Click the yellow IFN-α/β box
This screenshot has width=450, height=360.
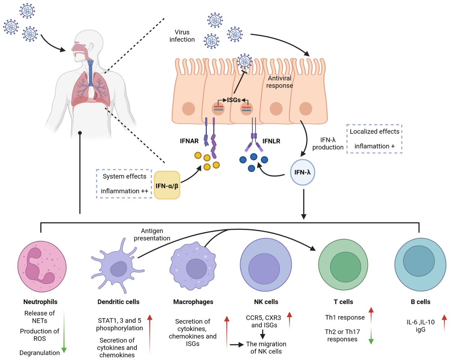coord(167,184)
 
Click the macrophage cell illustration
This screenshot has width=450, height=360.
coord(193,267)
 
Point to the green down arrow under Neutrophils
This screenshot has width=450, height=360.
coord(64,330)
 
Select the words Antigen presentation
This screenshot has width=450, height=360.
coord(156,234)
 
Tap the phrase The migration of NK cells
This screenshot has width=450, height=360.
coord(266,347)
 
